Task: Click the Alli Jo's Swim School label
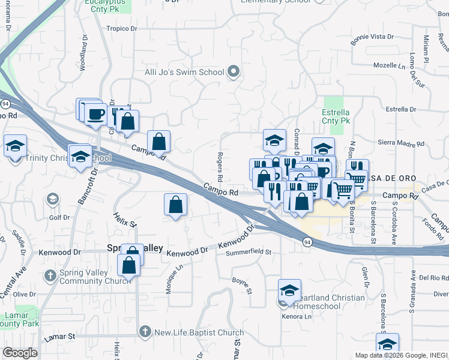pos(184,73)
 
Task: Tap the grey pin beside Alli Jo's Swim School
pos(235,73)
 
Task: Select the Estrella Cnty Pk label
pos(336,116)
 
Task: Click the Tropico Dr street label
pos(122,28)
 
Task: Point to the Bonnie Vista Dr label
pos(373,37)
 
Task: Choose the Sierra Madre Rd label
pos(401,144)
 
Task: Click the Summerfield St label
pos(249,252)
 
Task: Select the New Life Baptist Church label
pos(199,332)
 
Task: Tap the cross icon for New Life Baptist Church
pos(145,332)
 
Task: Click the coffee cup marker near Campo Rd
pos(95,113)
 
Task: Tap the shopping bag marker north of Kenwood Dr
pos(175,205)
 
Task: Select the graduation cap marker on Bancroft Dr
pos(80,157)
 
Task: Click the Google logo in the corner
pos(20,353)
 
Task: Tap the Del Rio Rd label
pos(434,278)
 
